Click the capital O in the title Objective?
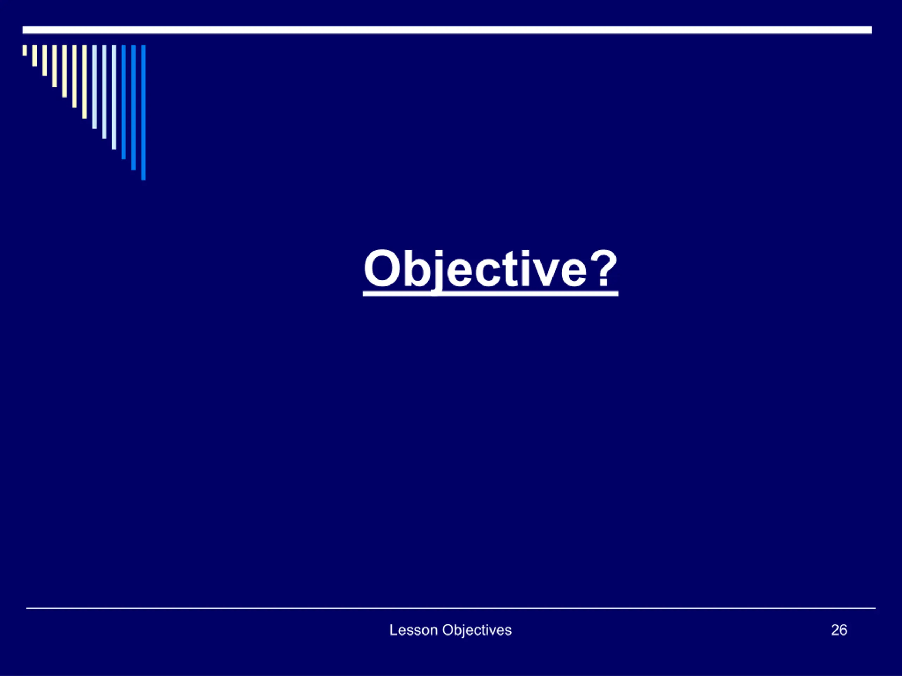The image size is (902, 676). click(x=382, y=269)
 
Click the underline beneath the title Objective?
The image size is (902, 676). click(x=490, y=293)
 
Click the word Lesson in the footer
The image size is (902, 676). click(x=414, y=630)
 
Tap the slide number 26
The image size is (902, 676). click(x=839, y=630)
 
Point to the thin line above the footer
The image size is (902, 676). click(x=451, y=608)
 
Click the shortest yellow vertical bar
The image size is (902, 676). click(x=25, y=50)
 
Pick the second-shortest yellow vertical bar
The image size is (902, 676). click(x=35, y=55)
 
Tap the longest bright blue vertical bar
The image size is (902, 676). click(x=143, y=112)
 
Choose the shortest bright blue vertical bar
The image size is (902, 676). click(x=124, y=102)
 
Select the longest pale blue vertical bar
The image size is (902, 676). click(x=114, y=97)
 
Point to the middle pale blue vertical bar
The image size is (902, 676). click(x=104, y=92)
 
